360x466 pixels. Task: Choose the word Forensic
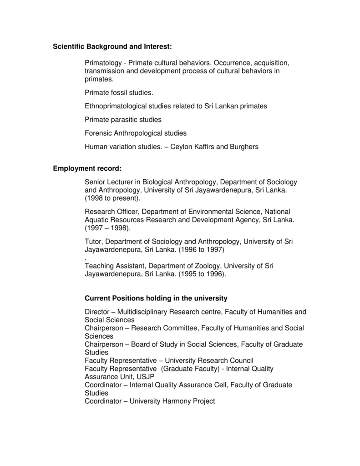tap(98, 133)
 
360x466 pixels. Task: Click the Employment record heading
tap(87, 169)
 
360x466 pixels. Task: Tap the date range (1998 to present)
tap(113, 198)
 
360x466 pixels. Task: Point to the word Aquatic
tap(97, 220)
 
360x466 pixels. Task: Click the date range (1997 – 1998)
tap(107, 228)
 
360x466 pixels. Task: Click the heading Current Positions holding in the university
tap(156, 299)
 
